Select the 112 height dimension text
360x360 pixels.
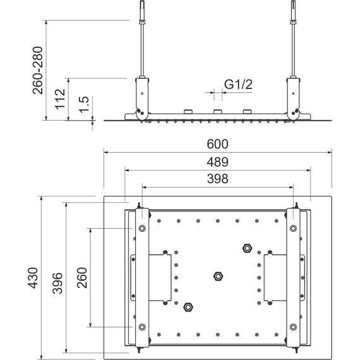[x=61, y=99]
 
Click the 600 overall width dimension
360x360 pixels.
[x=217, y=145]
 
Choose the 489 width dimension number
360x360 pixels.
[x=217, y=162]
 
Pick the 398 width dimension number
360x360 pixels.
[x=217, y=179]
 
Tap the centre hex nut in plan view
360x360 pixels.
[x=218, y=276]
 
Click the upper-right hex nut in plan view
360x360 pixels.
[x=247, y=247]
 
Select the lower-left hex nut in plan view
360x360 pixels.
[x=188, y=307]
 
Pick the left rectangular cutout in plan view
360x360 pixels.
[x=152, y=277]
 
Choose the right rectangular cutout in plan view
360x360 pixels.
[x=282, y=277]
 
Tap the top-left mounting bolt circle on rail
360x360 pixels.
[x=141, y=228]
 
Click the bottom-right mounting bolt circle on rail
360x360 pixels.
[x=294, y=327]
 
